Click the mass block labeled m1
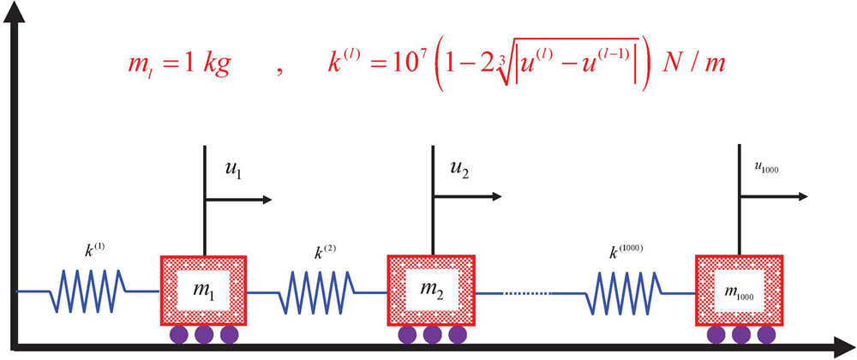[204, 290]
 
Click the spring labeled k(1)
[88, 291]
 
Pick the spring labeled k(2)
[316, 291]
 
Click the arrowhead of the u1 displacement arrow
[266, 200]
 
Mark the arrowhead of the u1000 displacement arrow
[801, 196]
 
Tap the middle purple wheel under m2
[432, 333]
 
